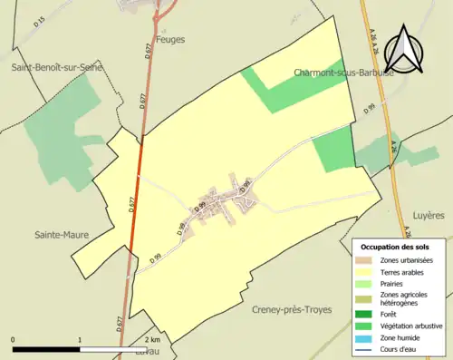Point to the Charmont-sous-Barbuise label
pos(343,73)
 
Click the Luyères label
pos(429,216)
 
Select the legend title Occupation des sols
pos(395,247)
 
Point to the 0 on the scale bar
pos(14,340)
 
